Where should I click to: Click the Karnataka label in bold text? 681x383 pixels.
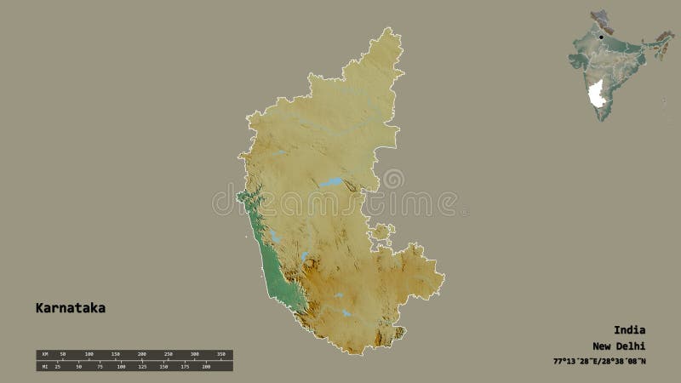[x=71, y=308]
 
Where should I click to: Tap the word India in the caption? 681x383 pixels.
[x=629, y=329]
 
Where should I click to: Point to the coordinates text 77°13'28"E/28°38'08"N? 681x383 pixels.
[x=598, y=363]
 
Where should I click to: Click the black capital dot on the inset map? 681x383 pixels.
[x=600, y=38]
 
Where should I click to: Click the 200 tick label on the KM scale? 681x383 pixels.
[x=141, y=353]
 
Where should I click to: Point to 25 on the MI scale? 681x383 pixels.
[x=57, y=366]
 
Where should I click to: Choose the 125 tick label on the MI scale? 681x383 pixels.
[x=142, y=366]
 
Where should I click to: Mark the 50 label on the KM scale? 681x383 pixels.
[x=62, y=353]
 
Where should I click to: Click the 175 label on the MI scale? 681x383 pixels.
[x=185, y=366]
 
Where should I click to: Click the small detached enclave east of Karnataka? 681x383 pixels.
[x=381, y=232]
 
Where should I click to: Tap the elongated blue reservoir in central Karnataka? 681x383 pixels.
[x=330, y=182]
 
